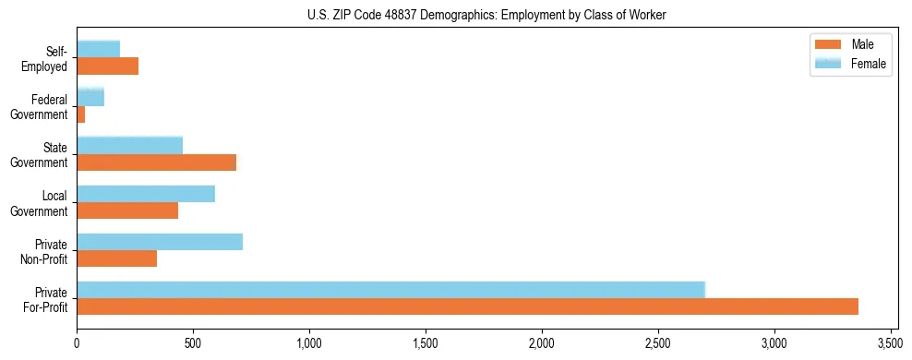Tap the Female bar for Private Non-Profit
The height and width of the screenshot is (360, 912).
[x=160, y=242]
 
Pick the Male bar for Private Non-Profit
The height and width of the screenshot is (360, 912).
[x=117, y=258]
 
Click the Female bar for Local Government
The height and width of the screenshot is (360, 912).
[x=146, y=194]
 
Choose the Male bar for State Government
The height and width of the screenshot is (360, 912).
[x=157, y=162]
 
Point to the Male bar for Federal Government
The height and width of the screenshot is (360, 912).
[x=81, y=114]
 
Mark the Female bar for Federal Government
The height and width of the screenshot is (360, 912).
[x=90, y=97]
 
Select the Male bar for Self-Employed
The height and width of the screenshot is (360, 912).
[x=108, y=66]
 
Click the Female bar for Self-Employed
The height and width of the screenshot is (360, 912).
[x=99, y=49]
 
